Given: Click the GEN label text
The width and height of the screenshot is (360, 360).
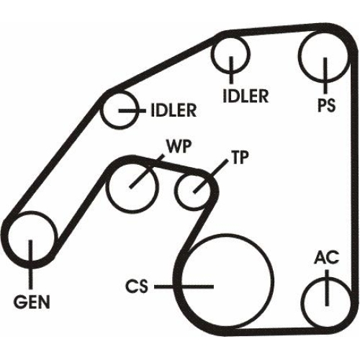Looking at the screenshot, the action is (x=32, y=302).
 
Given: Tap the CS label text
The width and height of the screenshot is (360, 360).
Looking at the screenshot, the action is (x=137, y=287).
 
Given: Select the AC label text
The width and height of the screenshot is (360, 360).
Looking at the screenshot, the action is (x=327, y=257).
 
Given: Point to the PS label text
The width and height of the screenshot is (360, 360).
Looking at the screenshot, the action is (x=326, y=105).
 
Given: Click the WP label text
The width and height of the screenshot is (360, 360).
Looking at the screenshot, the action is (x=179, y=146).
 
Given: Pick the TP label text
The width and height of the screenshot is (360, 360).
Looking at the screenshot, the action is (x=240, y=158).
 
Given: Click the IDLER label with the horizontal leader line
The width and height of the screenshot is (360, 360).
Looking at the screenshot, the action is (x=174, y=110).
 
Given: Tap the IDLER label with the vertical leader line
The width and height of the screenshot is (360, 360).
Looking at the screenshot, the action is (x=246, y=96).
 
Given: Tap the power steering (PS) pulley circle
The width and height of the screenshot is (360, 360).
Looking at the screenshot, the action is (x=300, y=55).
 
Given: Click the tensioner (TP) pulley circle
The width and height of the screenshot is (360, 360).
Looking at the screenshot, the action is (x=177, y=191).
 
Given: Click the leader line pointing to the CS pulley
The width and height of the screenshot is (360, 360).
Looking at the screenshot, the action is (x=184, y=287).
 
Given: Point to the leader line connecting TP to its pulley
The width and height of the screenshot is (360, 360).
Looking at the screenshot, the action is (x=210, y=176).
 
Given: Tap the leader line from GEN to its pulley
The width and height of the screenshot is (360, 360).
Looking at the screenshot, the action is (x=30, y=264).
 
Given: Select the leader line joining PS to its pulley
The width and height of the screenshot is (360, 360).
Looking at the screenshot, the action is (x=325, y=76).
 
